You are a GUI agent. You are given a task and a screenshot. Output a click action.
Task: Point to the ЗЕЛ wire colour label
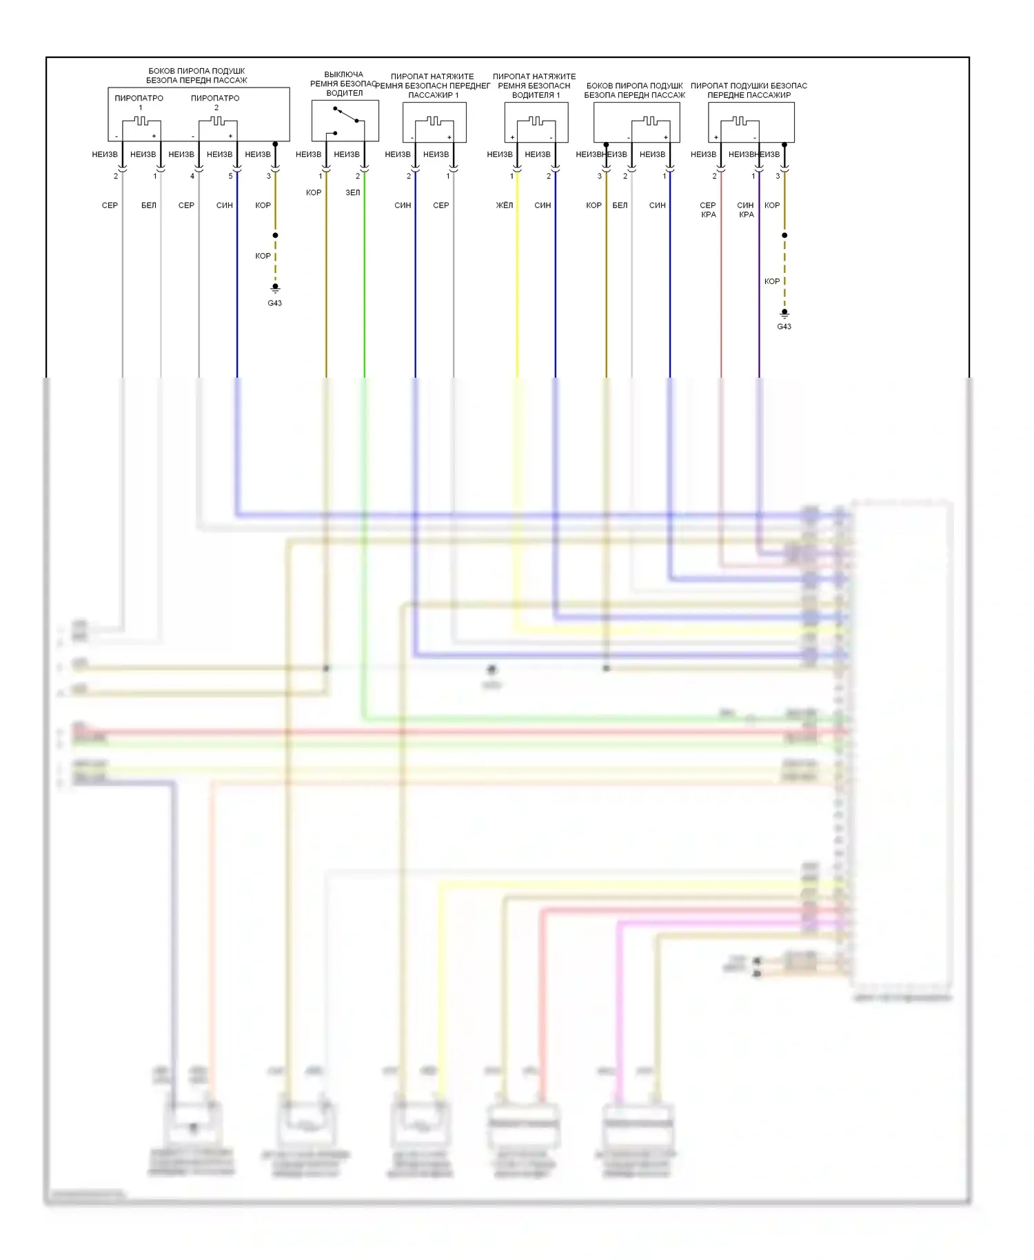pos(352,192)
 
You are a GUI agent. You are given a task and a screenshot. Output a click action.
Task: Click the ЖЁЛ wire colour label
pos(505,205)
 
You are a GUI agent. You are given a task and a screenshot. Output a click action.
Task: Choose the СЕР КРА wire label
pos(708,210)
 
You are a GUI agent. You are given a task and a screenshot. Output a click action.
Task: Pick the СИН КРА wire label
pos(746,210)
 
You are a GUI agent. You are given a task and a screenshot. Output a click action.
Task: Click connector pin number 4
pos(192,176)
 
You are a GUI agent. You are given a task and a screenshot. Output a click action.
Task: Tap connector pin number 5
pos(231,176)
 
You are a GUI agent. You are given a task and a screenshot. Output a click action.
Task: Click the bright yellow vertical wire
pos(517,289)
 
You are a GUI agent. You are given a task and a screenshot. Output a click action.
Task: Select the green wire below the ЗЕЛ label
pos(365,289)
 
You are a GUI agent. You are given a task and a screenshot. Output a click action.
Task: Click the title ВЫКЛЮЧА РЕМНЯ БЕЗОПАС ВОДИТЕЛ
pos(344,83)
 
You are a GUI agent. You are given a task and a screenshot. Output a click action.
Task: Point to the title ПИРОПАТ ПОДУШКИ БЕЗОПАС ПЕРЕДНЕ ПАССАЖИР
pos(749,90)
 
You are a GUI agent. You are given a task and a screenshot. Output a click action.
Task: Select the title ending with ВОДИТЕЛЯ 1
pos(534,85)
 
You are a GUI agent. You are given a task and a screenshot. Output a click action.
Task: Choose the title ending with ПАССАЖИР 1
pos(433,85)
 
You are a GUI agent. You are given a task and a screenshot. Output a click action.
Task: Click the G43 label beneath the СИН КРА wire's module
pos(784,327)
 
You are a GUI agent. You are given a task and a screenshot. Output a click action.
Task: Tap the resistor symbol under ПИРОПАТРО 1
pos(141,121)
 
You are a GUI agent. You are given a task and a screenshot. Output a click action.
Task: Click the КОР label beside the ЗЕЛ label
pos(314,192)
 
